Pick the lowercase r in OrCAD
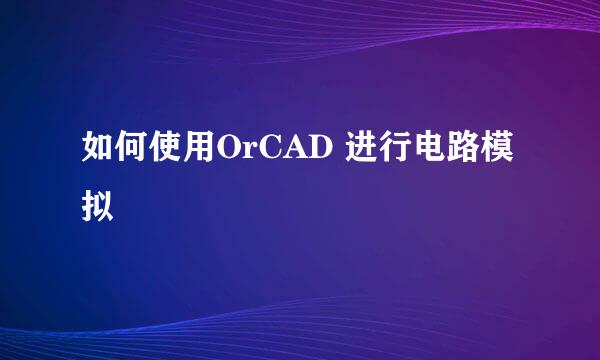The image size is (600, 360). [x=249, y=151]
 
